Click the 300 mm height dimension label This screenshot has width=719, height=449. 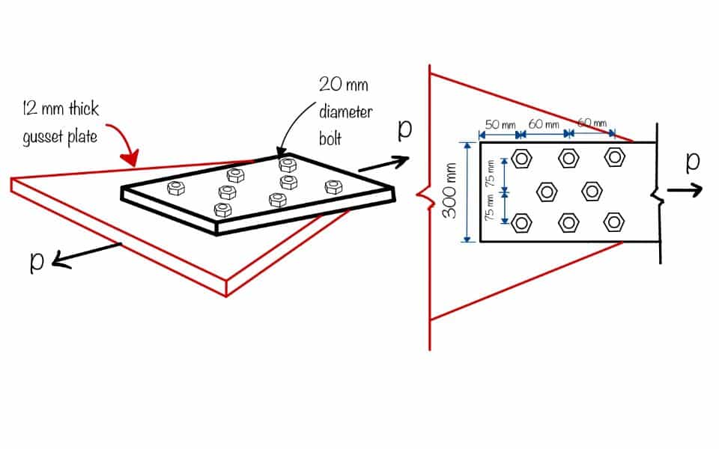450,191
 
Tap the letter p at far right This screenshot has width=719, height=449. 693,161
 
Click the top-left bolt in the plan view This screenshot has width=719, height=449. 522,158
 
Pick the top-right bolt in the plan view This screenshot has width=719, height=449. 615,157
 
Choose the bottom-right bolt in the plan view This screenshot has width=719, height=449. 615,222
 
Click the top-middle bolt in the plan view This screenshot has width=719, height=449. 568,158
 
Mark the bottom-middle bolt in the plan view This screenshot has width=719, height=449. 568,222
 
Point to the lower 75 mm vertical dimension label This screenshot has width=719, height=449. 491,207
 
